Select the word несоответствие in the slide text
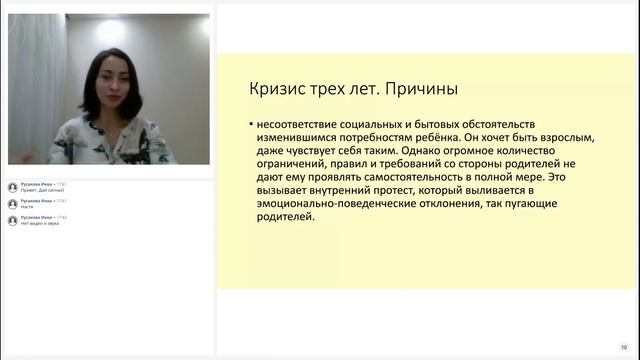tap(300, 123)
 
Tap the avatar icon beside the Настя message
tap(12, 203)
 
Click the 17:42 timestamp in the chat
tap(62, 216)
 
